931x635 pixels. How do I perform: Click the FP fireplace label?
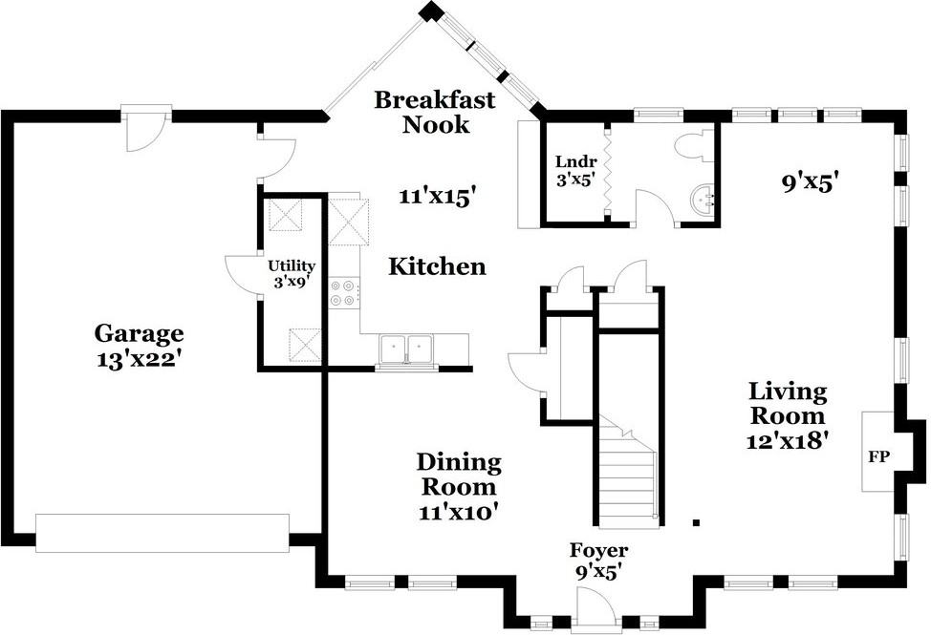pyautogui.click(x=878, y=457)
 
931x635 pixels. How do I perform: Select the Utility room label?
pyautogui.click(x=291, y=266)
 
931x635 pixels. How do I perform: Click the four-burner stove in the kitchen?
pyautogui.click(x=344, y=293)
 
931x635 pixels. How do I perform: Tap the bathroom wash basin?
pyautogui.click(x=704, y=201)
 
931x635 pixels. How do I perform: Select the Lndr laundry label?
pyautogui.click(x=575, y=161)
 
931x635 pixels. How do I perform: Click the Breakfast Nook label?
pyautogui.click(x=435, y=112)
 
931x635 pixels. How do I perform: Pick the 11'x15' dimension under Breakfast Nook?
pyautogui.click(x=438, y=197)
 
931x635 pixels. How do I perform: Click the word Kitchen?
pyautogui.click(x=437, y=266)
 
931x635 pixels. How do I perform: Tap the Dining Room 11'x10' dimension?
pyautogui.click(x=458, y=511)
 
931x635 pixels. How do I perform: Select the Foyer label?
pyautogui.click(x=598, y=551)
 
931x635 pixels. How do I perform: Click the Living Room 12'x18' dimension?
pyautogui.click(x=788, y=440)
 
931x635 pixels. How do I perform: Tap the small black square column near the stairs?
pyautogui.click(x=697, y=522)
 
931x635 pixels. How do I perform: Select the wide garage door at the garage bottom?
pyautogui.click(x=162, y=533)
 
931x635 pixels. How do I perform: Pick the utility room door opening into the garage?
pyautogui.click(x=242, y=274)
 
